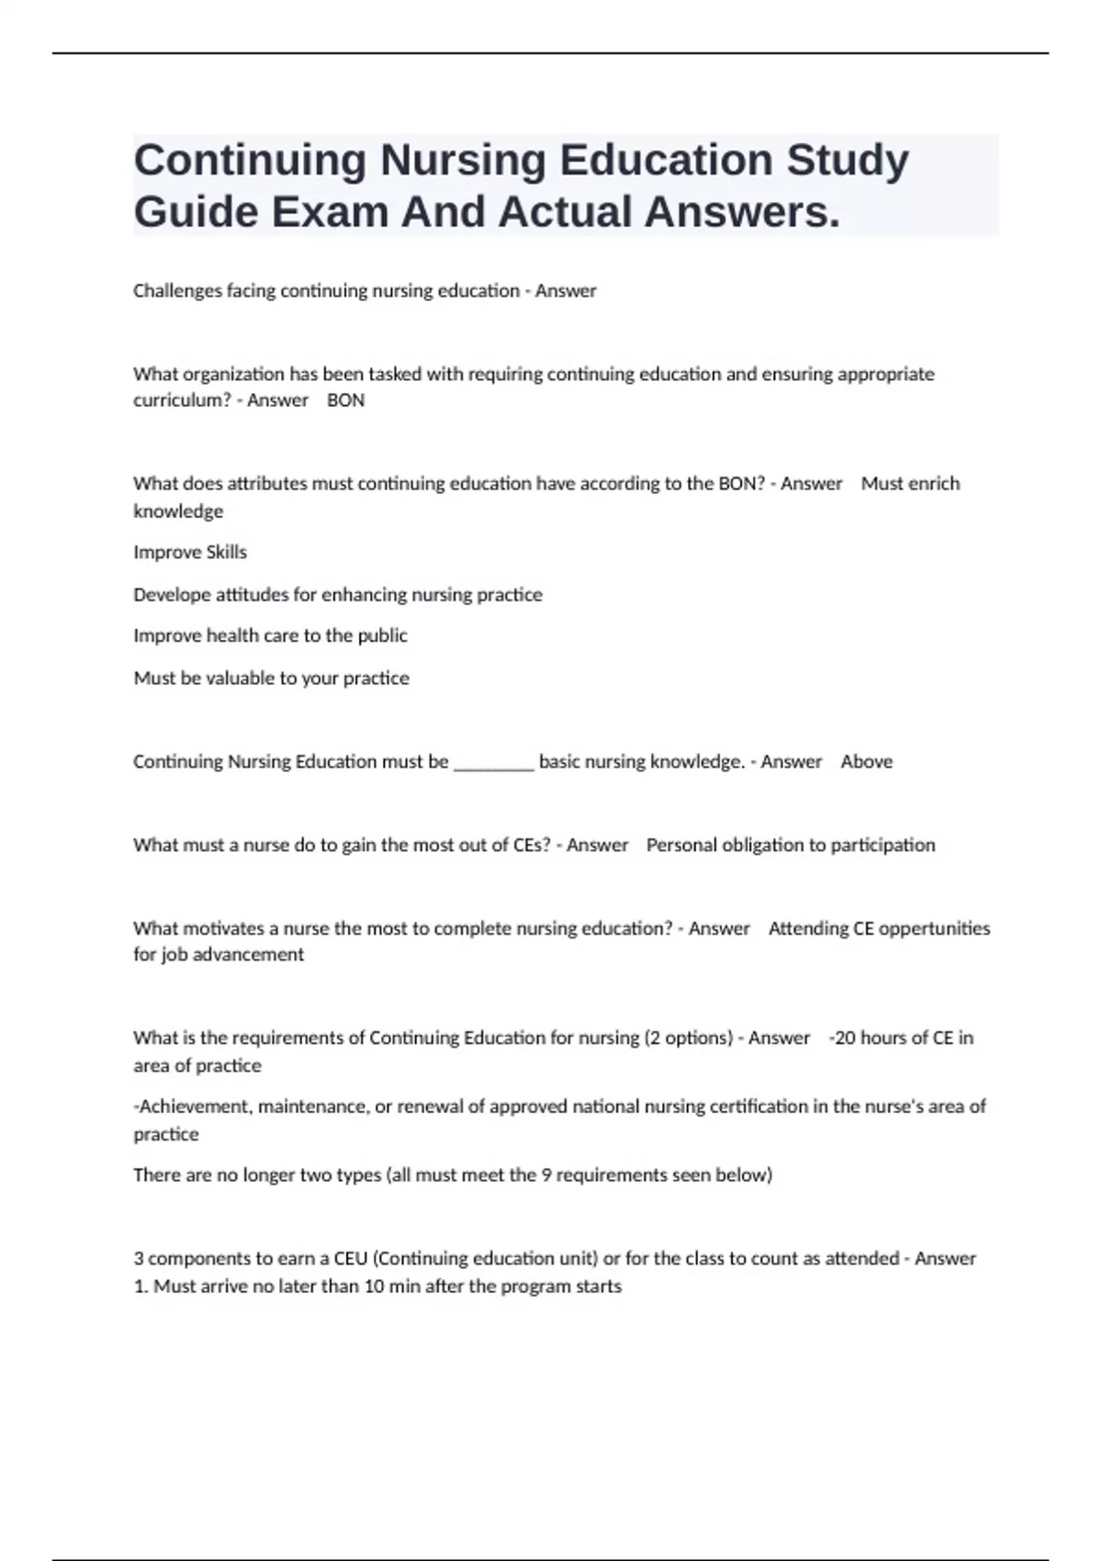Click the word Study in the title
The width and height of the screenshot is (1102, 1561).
tap(847, 161)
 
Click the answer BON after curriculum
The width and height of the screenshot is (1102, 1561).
tap(345, 400)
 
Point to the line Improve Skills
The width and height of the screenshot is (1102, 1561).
tap(190, 552)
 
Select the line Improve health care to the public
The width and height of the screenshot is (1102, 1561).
tap(270, 635)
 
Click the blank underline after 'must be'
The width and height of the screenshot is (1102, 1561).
tap(493, 762)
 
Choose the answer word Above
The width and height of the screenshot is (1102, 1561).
tap(866, 761)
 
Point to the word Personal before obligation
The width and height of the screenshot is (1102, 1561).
tap(680, 845)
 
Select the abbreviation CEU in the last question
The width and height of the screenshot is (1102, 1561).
tap(350, 1259)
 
